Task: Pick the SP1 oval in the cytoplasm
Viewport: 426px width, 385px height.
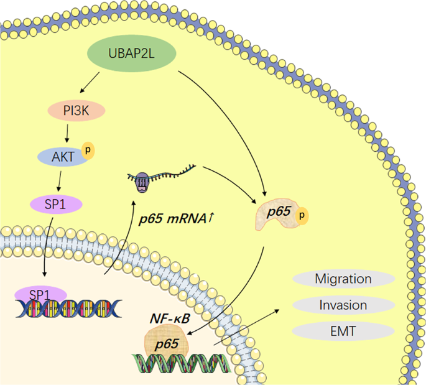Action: [x=57, y=203]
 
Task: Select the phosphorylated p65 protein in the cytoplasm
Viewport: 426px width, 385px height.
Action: [x=280, y=213]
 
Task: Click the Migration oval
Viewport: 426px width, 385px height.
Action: [x=343, y=279]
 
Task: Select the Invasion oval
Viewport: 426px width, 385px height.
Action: [x=343, y=305]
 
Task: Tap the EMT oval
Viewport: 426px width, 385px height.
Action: [x=343, y=332]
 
